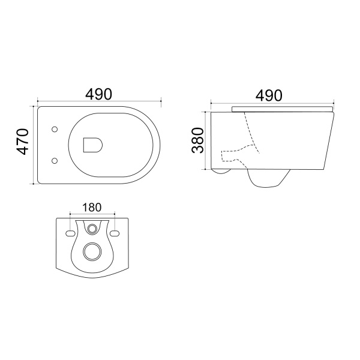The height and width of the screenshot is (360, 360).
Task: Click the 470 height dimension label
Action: pyautogui.click(x=23, y=142)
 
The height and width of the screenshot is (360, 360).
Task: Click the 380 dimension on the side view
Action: pyautogui.click(x=197, y=140)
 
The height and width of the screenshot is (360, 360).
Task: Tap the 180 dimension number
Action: pyautogui.click(x=92, y=208)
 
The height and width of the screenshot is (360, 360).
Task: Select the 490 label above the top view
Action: pyautogui.click(x=99, y=94)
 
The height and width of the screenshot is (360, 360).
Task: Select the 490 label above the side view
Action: pyautogui.click(x=269, y=95)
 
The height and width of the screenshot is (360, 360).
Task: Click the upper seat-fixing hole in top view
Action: pyautogui.click(x=55, y=130)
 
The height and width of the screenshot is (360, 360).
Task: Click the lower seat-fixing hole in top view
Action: pyautogui.click(x=55, y=160)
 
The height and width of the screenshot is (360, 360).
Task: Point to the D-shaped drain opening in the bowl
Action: pyautogui.click(x=92, y=145)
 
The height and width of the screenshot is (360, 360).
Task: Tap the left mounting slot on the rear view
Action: pyautogui.click(x=70, y=233)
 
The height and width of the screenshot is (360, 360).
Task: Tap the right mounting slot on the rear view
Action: pyautogui.click(x=115, y=233)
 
